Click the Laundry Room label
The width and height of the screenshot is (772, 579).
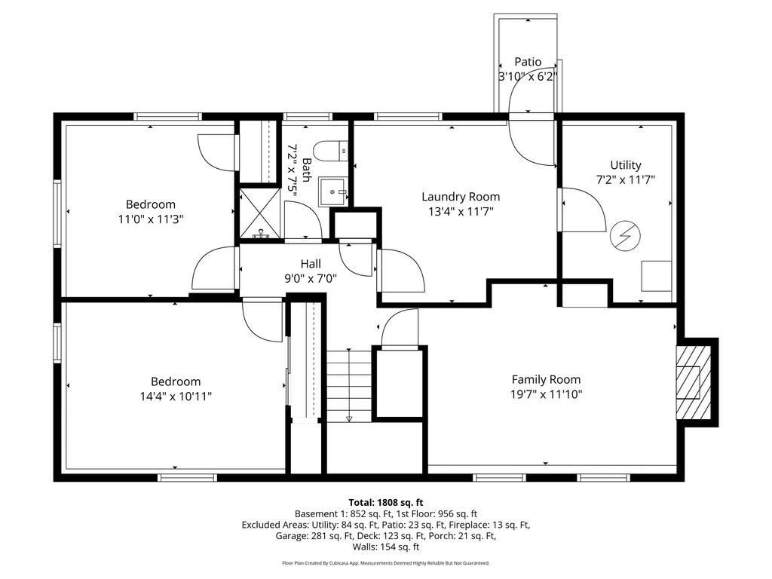460,197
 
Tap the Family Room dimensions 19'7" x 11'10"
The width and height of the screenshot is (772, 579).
546,394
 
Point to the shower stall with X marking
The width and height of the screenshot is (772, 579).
259,213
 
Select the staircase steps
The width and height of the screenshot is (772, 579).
349,384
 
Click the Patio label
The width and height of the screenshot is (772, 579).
528,62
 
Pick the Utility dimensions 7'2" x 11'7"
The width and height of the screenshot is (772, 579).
625,180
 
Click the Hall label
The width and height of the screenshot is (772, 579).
311,264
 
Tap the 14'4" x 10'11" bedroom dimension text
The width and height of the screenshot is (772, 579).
175,397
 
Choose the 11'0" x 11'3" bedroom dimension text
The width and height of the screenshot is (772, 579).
150,219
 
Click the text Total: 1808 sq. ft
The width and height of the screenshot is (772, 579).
385,502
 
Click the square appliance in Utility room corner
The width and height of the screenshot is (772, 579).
656,276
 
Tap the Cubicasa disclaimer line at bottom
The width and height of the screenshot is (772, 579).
385,563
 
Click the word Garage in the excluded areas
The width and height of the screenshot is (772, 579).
293,536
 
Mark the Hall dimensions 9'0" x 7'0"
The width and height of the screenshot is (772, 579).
311,278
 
